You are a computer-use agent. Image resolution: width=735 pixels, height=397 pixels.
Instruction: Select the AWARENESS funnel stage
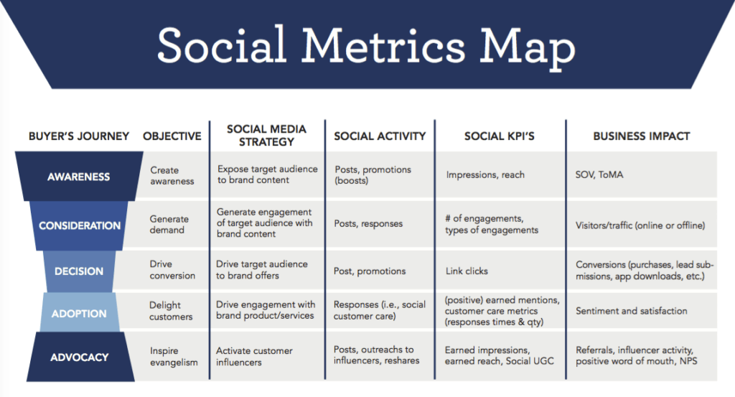(78, 176)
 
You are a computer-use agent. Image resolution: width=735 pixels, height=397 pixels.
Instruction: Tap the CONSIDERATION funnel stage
(80, 225)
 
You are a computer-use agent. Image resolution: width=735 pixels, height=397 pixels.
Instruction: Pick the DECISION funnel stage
(79, 271)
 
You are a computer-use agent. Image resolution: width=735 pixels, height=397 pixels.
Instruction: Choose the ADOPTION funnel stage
(79, 313)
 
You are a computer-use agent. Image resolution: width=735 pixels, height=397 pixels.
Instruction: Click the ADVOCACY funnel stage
(79, 357)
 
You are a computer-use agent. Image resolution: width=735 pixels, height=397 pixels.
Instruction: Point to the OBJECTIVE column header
(172, 136)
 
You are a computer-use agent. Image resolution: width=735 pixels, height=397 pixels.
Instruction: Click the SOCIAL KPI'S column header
(500, 136)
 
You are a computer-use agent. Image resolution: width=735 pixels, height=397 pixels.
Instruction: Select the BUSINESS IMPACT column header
(641, 136)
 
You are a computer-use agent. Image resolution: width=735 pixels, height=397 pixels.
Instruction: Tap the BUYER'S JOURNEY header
(79, 136)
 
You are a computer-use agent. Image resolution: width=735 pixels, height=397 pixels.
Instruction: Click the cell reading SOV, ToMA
(599, 174)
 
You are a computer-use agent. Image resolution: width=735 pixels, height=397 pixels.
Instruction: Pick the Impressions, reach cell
(485, 174)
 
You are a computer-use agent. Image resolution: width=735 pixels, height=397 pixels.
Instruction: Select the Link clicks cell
(467, 271)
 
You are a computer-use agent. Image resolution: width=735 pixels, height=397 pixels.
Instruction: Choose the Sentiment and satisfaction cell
(631, 311)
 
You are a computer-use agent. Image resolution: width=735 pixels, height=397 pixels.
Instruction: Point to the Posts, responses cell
(369, 223)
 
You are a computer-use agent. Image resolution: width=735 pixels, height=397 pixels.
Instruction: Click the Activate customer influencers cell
(254, 357)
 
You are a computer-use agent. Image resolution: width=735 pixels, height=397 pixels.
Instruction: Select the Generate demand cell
(169, 224)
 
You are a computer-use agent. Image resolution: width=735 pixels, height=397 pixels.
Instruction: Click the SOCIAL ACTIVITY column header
(380, 136)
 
